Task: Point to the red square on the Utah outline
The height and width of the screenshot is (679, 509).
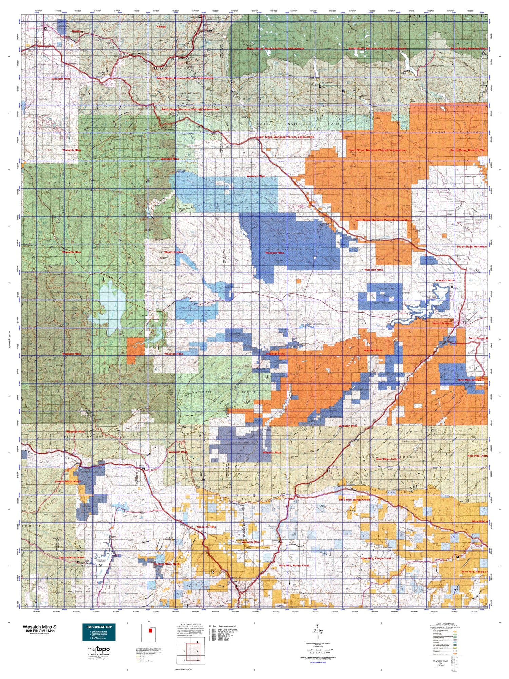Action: click(150, 631)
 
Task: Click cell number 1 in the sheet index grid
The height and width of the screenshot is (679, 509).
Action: click(184, 642)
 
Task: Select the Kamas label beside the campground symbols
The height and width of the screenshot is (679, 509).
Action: click(75, 31)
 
